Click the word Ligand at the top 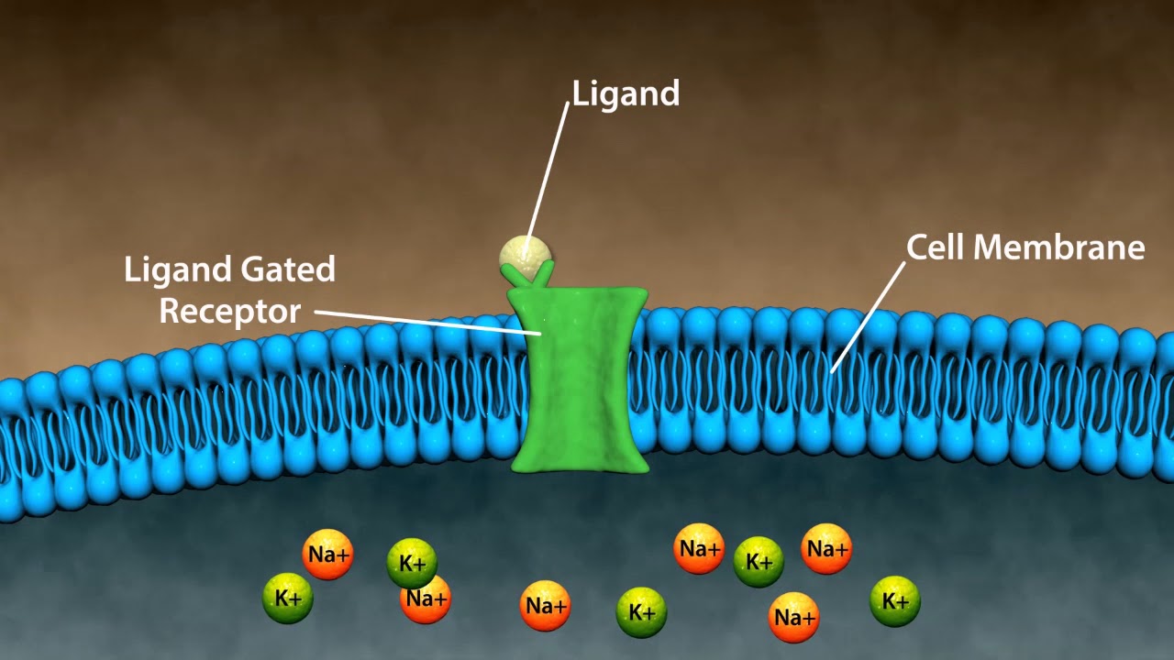coord(626,93)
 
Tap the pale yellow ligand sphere coord(526,253)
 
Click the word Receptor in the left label coord(229,311)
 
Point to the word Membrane coord(1065,247)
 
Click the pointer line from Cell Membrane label coord(867,316)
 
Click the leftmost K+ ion coord(288,599)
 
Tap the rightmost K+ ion coord(894,601)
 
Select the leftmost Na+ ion coord(327,555)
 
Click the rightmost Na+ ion coord(826,549)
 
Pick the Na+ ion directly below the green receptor coord(545,606)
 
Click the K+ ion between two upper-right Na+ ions coord(759,562)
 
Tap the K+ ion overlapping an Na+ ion coord(412,562)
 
